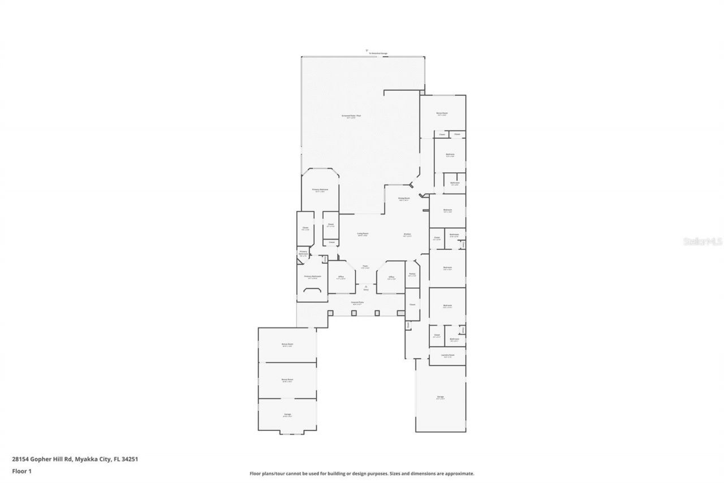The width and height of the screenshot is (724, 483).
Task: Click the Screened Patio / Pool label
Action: [351, 116]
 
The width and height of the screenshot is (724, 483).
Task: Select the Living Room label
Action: [363, 234]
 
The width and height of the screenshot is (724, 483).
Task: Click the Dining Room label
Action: [403, 198]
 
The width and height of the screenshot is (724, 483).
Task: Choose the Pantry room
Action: [412, 275]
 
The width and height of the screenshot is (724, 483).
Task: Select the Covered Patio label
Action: [357, 303]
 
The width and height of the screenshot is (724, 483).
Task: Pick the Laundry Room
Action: [449, 356]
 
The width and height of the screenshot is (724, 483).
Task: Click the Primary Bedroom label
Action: [320, 190]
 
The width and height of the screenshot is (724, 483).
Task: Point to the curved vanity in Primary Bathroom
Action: [313, 290]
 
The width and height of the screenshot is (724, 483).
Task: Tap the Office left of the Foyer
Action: [341, 277]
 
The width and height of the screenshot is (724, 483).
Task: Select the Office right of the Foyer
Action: [391, 277]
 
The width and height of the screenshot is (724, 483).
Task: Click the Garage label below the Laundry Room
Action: [440, 397]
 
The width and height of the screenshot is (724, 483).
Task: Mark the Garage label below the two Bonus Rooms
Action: [287, 414]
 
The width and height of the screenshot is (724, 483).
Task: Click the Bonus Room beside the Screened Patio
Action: [442, 114]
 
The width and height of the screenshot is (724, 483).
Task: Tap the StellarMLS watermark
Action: [703, 241]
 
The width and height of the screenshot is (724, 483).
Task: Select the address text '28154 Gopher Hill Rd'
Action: [41, 459]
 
